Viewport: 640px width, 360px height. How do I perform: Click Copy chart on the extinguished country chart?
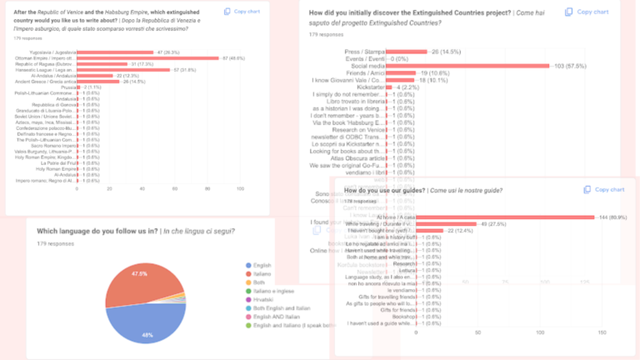(247, 12)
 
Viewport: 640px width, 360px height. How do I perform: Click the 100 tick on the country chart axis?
(240, 188)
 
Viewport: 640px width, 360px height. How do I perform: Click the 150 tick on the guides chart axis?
(600, 333)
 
